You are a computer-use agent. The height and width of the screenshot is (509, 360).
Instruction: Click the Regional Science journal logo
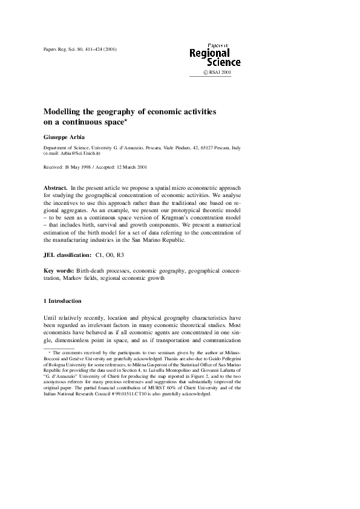(x=215, y=56)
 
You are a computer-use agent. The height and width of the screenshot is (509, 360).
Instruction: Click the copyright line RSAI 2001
(x=219, y=73)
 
